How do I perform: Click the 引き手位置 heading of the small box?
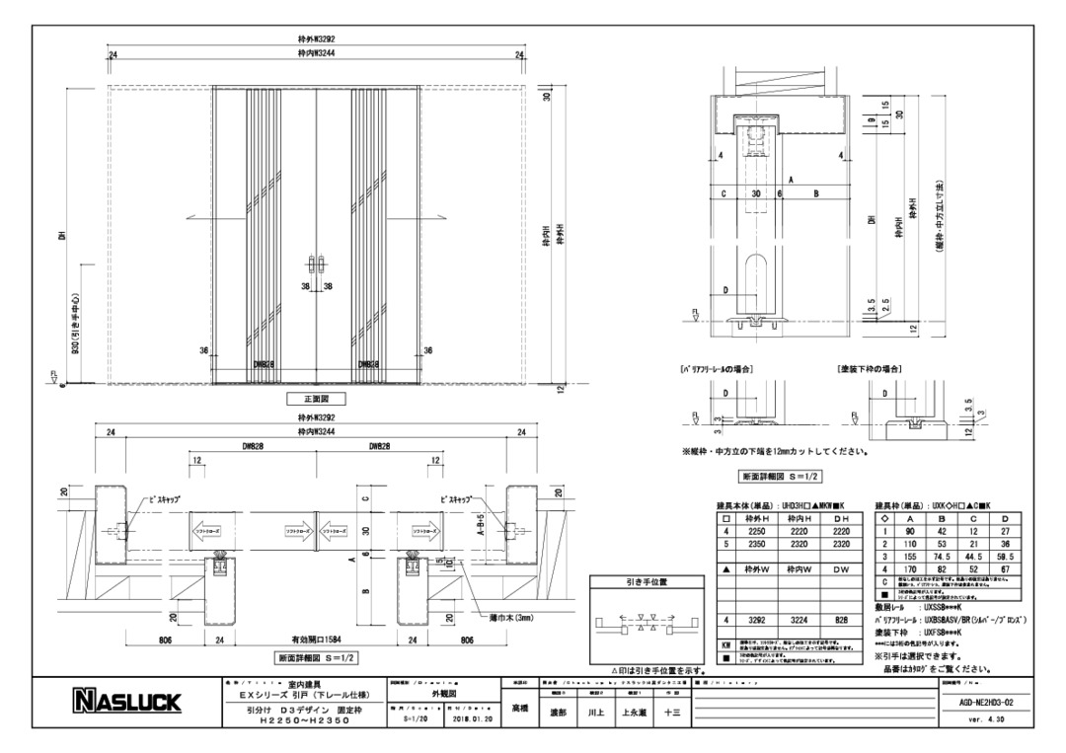(x=646, y=583)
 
